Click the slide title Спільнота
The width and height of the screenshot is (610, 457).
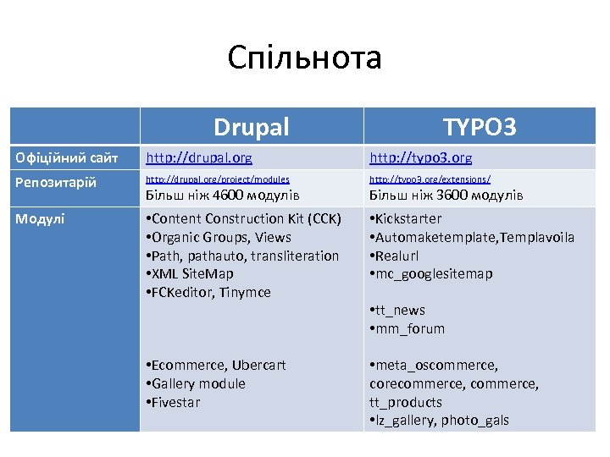pyautogui.click(x=304, y=58)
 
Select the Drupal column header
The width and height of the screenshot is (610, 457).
pyautogui.click(x=251, y=127)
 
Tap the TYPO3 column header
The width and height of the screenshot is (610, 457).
pyautogui.click(x=480, y=127)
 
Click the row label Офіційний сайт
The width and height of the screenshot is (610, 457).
pyautogui.click(x=66, y=157)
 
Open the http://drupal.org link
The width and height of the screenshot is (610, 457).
pyautogui.click(x=199, y=157)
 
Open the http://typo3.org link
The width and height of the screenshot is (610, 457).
pyautogui.click(x=421, y=157)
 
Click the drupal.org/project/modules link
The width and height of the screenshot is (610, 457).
pyautogui.click(x=218, y=179)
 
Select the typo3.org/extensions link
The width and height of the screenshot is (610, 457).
pyautogui.click(x=430, y=179)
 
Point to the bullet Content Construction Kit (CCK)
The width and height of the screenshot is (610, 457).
pyautogui.click(x=246, y=219)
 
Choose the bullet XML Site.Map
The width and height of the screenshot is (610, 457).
pyautogui.click(x=192, y=274)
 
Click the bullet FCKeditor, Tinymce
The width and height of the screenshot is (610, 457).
pyautogui.click(x=211, y=292)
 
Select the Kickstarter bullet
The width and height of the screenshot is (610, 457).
pyautogui.click(x=408, y=219)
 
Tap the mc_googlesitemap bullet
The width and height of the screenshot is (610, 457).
pyautogui.click(x=434, y=274)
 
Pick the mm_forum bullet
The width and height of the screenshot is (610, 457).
pyautogui.click(x=410, y=329)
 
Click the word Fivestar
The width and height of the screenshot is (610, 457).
pyautogui.click(x=175, y=402)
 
